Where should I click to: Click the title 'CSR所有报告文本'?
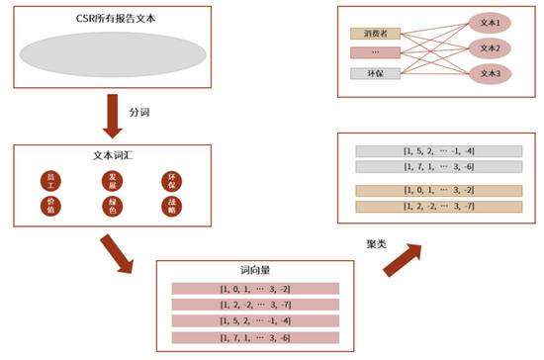coord(112,19)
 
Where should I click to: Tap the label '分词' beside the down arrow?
coord(139,113)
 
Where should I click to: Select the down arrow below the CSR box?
coord(113,116)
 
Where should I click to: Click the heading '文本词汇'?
coord(112,155)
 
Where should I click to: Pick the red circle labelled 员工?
coord(50,180)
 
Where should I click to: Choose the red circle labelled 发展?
coord(112,180)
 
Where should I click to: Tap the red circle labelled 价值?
coord(50,206)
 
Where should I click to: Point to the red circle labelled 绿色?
coord(112,206)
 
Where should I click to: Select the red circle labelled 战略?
coord(172,206)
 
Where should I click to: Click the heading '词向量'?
coord(254,269)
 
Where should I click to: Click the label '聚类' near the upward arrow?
coord(377,242)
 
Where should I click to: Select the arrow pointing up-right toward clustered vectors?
coord(402,260)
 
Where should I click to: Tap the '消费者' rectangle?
coord(375,34)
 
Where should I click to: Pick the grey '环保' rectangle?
coord(375,73)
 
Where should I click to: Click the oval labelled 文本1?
coord(490,22)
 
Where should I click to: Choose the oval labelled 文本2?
coord(490,47)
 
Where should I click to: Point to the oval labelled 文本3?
coord(490,73)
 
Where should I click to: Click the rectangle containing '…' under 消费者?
coord(375,52)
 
